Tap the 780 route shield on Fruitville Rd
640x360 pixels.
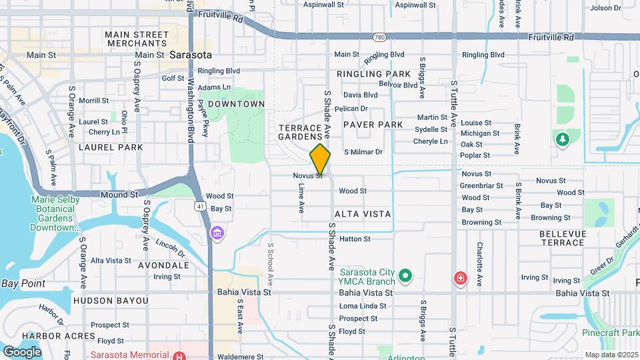tap(379, 37)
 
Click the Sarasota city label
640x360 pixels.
tap(190, 55)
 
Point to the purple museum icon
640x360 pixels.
tap(217, 234)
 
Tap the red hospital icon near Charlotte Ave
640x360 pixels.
tap(460, 279)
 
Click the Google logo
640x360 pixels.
tap(22, 351)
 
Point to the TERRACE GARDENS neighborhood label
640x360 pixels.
tap(305, 131)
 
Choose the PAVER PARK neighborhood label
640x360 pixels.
tap(373, 125)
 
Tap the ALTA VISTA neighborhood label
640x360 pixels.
tap(363, 214)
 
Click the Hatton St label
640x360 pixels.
tap(355, 239)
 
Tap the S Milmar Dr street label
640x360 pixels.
tap(363, 152)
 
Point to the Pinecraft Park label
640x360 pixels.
tap(611, 332)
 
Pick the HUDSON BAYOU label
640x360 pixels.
tap(111, 301)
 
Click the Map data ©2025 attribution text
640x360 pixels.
tap(611, 355)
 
